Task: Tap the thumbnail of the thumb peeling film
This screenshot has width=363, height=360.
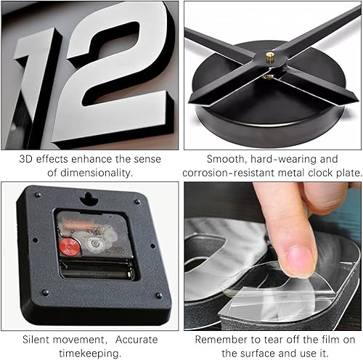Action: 297,255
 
